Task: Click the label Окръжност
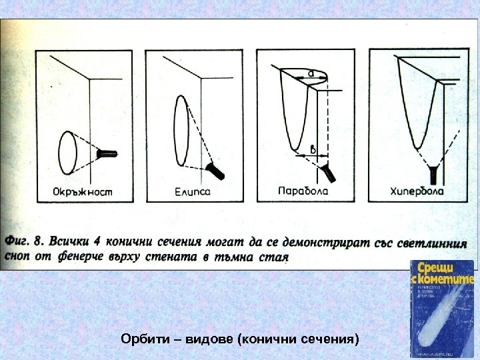(x=83, y=191)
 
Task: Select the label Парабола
(x=302, y=191)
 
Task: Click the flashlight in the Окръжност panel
(x=107, y=154)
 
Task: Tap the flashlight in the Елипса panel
(x=215, y=169)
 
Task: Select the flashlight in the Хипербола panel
(x=435, y=174)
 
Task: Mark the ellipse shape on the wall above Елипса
(x=181, y=130)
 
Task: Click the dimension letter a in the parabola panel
(x=311, y=72)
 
